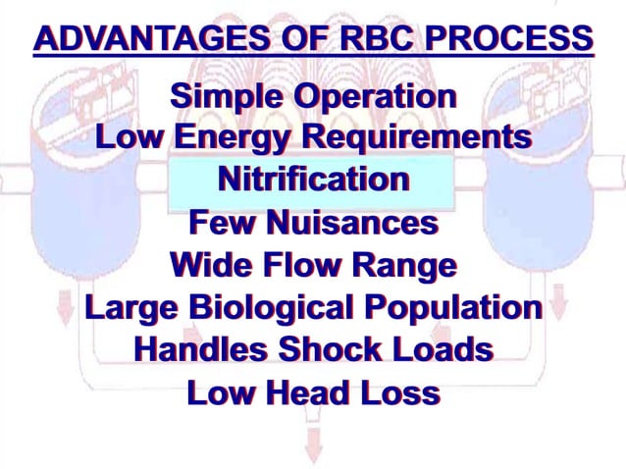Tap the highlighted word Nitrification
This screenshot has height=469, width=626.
click(x=313, y=180)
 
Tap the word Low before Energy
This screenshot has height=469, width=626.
click(x=130, y=137)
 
